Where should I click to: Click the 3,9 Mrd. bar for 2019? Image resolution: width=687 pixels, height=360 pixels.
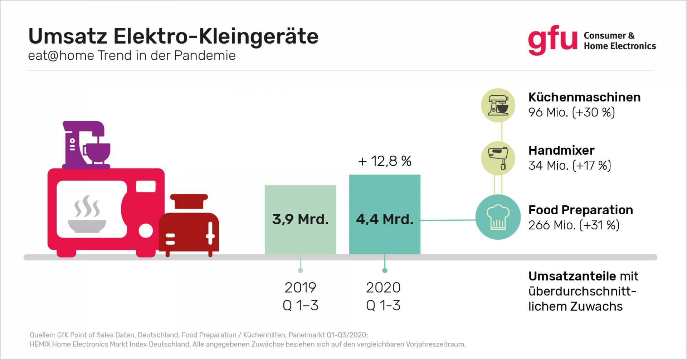pos(300,219)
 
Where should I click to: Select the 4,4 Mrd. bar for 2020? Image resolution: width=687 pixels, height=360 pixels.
pos(385,214)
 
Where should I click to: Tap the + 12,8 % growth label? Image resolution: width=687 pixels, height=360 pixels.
pos(385,161)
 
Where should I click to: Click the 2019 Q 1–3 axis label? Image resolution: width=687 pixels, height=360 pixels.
pos(300,296)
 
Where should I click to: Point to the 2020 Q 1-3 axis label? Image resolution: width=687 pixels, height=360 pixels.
pos(383,296)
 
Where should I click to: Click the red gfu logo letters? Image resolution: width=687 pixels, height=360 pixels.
pos(552,40)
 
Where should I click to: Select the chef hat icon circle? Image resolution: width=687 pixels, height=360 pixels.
pos(498,217)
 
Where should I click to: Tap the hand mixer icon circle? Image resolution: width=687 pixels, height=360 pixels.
pos(498,158)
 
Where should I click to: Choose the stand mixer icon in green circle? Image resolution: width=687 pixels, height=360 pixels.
pos(498,105)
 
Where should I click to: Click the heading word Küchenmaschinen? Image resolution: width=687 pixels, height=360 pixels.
pos(584,97)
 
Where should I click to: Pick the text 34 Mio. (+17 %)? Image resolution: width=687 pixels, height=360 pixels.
pos(570,166)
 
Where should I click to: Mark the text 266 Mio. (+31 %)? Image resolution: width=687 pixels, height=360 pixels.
pos(574,225)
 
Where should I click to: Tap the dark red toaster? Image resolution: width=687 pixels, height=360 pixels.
pos(189,227)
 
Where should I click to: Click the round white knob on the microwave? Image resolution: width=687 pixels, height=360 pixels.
pos(146,231)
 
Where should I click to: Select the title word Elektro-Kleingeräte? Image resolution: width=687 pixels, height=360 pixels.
pos(216,36)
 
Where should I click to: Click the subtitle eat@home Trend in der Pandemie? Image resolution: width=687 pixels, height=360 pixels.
pos(132,56)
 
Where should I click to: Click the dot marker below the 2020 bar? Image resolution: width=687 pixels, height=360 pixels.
pos(385,270)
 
